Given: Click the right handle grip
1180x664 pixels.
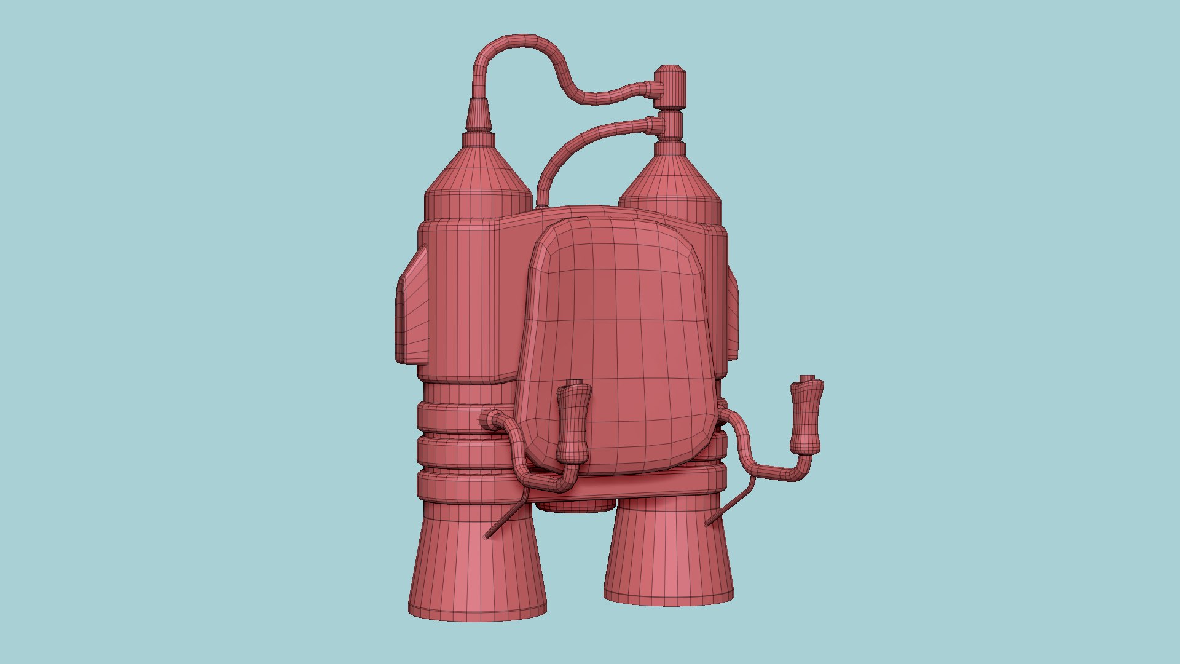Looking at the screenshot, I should coord(806,417).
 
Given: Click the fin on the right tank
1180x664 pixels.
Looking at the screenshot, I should coord(733,307).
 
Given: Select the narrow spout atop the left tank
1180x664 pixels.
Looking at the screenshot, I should coord(479,114).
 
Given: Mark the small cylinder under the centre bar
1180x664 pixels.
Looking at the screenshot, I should coord(576,506).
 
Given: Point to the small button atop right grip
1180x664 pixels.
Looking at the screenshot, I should coord(807,377).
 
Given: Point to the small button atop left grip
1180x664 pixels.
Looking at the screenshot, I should coord(575,382).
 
